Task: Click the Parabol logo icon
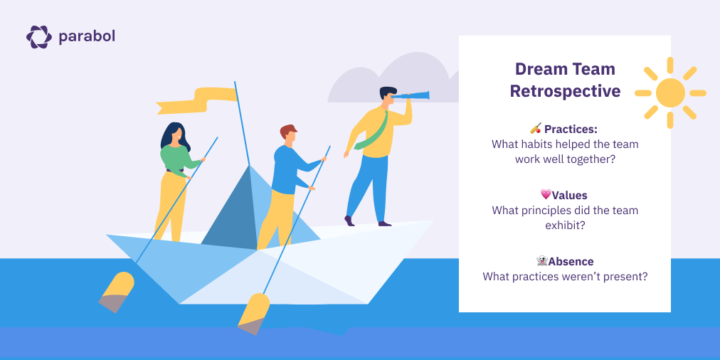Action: click(38, 36)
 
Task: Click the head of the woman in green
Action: click(174, 133)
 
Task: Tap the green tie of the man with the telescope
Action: click(374, 132)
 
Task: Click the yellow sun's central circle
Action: click(670, 92)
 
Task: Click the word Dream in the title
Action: click(539, 70)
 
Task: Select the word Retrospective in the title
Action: click(565, 91)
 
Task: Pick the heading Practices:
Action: click(571, 129)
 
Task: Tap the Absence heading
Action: click(571, 261)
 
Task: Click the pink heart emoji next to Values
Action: click(546, 194)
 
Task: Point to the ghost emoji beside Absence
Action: click(541, 261)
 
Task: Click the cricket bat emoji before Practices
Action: click(536, 129)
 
